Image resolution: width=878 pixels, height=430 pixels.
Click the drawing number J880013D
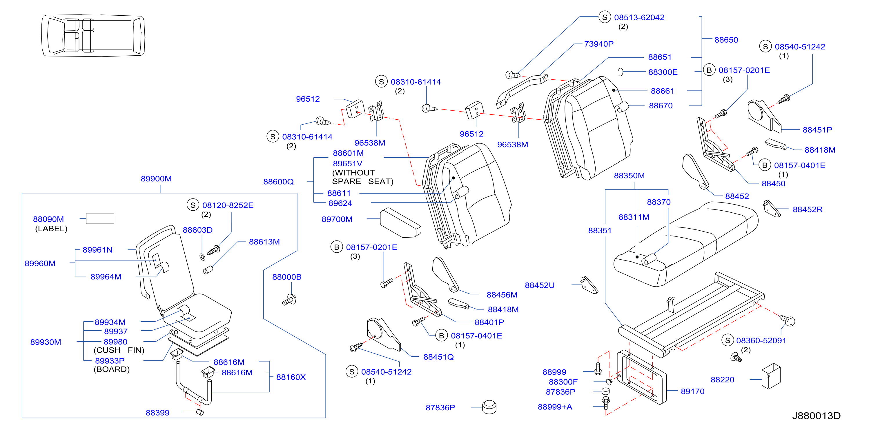click(816, 416)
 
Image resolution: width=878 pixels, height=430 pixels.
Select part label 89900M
click(156, 179)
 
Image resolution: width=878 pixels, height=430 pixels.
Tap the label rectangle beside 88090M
click(100, 218)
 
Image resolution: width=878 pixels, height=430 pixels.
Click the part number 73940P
click(598, 44)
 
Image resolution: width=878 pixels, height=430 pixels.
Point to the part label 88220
click(722, 380)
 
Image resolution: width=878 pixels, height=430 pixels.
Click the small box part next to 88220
click(771, 376)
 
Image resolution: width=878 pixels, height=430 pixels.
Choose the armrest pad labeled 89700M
click(400, 223)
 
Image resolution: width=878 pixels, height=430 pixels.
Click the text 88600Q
click(278, 182)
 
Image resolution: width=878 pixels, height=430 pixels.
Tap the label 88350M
click(629, 176)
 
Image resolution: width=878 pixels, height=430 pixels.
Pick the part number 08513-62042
click(639, 17)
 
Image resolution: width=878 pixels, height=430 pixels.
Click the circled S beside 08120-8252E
click(193, 205)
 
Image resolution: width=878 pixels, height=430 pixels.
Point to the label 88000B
click(287, 277)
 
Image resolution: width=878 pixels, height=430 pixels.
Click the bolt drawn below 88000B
click(289, 300)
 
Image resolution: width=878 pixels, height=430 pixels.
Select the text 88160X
click(291, 377)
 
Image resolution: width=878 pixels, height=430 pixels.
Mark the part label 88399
click(157, 413)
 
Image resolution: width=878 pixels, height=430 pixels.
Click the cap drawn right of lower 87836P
click(489, 407)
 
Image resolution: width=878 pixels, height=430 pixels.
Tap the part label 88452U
click(540, 285)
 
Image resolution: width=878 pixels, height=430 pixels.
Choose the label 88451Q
click(438, 357)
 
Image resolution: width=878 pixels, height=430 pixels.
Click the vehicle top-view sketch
click(93, 35)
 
